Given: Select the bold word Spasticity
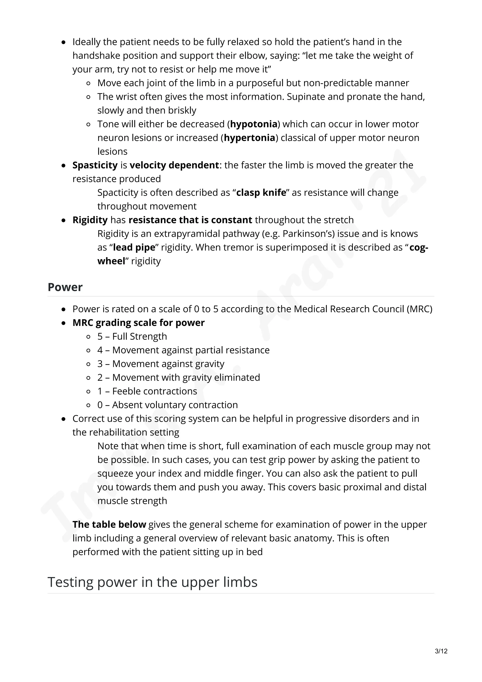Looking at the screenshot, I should [95, 165].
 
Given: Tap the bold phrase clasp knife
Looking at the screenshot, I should [261, 193].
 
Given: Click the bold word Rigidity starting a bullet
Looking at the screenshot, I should [90, 220].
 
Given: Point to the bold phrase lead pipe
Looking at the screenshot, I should [134, 247].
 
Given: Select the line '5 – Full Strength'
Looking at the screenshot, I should [132, 336].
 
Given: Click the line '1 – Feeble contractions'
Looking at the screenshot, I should [147, 391].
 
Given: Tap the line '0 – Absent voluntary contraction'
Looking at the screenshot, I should [168, 405].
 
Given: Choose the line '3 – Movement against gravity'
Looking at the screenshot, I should [161, 364].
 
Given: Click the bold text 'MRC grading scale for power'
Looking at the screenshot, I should [138, 323].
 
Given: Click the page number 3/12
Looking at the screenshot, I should [441, 651].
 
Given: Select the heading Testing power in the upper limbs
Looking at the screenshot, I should [152, 582].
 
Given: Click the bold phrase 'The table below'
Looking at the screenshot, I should [109, 524].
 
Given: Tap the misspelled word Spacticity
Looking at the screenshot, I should [118, 193].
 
